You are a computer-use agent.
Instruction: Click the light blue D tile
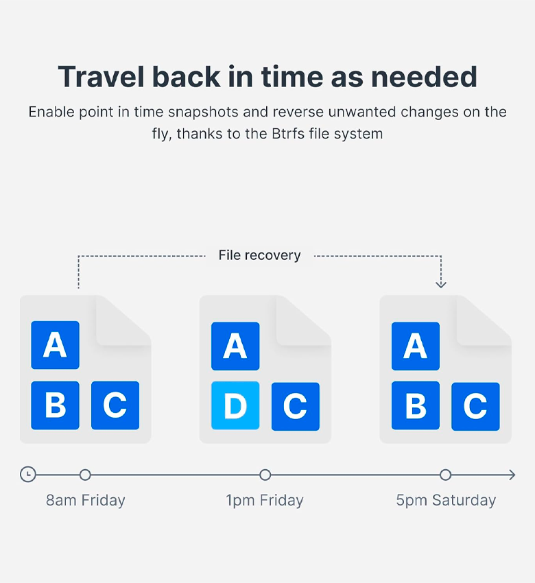point(235,405)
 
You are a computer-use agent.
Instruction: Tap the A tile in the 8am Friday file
point(55,345)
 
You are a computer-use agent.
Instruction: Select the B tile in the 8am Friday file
point(55,405)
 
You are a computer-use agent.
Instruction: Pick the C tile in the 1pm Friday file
point(296,407)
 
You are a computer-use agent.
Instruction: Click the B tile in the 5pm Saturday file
point(415,405)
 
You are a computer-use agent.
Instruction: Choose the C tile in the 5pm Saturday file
point(475,407)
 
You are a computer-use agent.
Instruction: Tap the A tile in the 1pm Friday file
point(235,346)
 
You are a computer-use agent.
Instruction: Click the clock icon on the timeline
point(28,475)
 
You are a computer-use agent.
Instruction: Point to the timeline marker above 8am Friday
point(85,475)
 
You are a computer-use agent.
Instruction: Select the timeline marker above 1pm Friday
point(265,475)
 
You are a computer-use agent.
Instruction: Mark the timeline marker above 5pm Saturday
point(445,475)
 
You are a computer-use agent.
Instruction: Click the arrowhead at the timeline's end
point(512,475)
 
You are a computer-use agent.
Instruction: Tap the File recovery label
point(259,255)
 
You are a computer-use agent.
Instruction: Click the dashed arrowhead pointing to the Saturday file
point(441,285)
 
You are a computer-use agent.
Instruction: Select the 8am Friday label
point(86,500)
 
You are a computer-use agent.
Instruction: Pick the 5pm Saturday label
point(446,500)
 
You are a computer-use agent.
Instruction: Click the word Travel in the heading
point(101,77)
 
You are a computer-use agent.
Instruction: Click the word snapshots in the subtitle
point(203,112)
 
